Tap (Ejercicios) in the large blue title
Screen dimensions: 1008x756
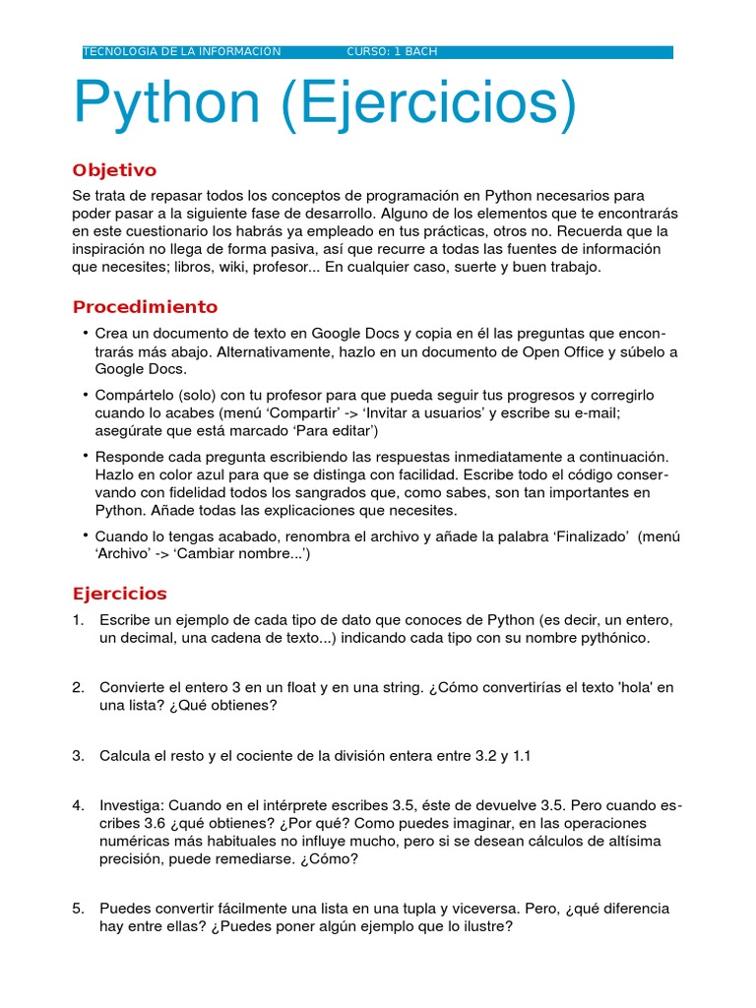pyautogui.click(x=426, y=106)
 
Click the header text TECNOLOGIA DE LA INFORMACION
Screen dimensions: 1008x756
pyautogui.click(x=182, y=52)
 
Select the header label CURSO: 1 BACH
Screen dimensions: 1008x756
pyautogui.click(x=392, y=52)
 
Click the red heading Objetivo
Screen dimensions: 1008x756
pyautogui.click(x=114, y=170)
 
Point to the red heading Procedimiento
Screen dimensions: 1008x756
pyautogui.click(x=145, y=307)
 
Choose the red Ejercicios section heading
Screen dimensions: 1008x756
pyautogui.click(x=120, y=594)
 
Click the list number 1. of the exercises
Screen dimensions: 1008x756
pyautogui.click(x=79, y=620)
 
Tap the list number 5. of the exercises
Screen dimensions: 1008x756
pyautogui.click(x=79, y=909)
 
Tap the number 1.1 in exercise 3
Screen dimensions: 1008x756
pyautogui.click(x=518, y=755)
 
